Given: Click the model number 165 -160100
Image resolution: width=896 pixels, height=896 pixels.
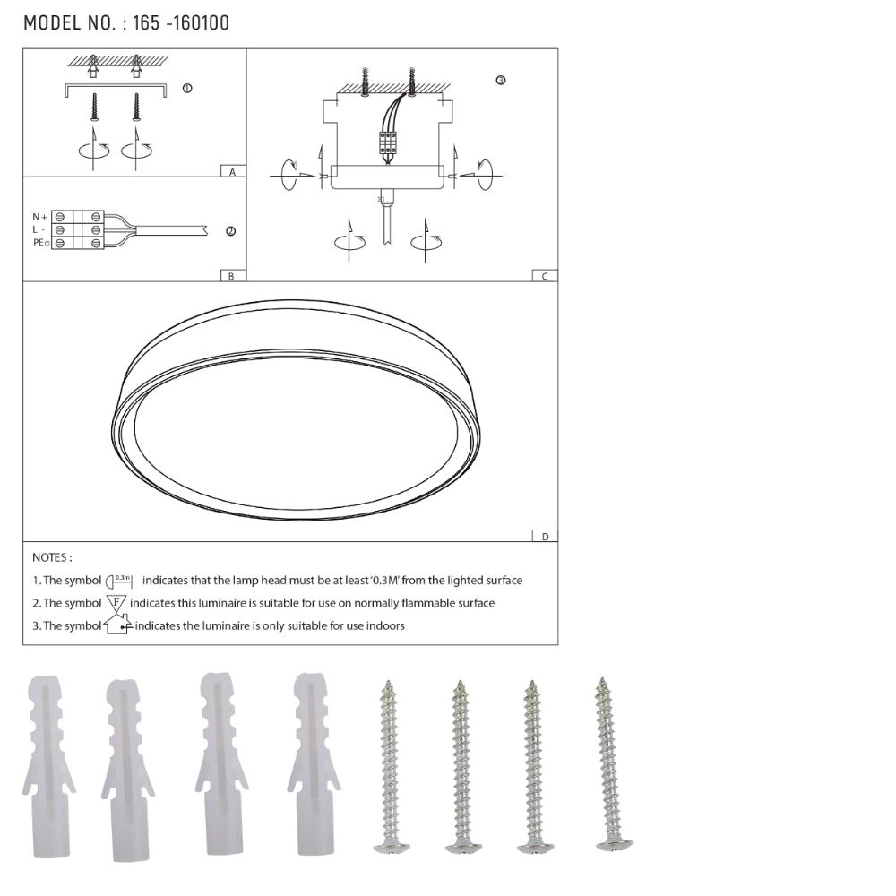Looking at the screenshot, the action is pyautogui.click(x=181, y=23).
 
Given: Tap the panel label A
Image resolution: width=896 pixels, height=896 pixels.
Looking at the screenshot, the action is pyautogui.click(x=232, y=171).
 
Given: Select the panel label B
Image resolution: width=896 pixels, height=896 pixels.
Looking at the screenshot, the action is pyautogui.click(x=231, y=276).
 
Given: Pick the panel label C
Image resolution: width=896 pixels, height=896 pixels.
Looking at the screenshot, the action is pyautogui.click(x=545, y=276).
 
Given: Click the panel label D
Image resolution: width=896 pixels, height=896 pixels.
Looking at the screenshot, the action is pyautogui.click(x=545, y=537).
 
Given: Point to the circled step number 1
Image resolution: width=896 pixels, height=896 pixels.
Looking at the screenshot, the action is pyautogui.click(x=187, y=88).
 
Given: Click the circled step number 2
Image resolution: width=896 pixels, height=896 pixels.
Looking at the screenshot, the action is pyautogui.click(x=231, y=231).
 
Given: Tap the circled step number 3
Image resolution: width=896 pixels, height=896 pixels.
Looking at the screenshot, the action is pyautogui.click(x=501, y=80).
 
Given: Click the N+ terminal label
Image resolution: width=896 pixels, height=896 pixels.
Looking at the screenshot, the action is pyautogui.click(x=40, y=217).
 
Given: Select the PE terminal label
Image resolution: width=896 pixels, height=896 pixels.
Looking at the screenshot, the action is pyautogui.click(x=40, y=243).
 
